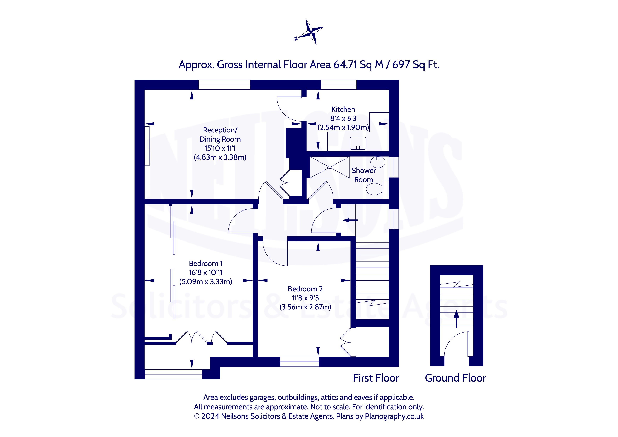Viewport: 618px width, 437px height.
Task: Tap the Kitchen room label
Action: pos(343,109)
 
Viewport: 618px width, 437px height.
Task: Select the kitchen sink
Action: pos(358,143)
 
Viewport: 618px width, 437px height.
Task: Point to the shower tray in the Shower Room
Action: pos(330,167)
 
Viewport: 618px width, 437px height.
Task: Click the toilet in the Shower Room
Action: pos(376,189)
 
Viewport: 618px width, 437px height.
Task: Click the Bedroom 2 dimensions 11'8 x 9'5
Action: pos(305,298)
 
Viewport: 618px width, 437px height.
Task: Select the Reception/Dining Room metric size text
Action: pos(220,157)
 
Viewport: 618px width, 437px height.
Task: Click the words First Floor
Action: pos(376,378)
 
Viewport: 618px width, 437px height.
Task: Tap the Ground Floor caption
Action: pos(455,378)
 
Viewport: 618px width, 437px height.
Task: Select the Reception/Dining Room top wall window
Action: pos(224,85)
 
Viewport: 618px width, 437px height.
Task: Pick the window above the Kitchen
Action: pos(338,85)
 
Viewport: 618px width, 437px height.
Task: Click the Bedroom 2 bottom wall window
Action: pos(299,362)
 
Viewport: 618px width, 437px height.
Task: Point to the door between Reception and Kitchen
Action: pos(289,109)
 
